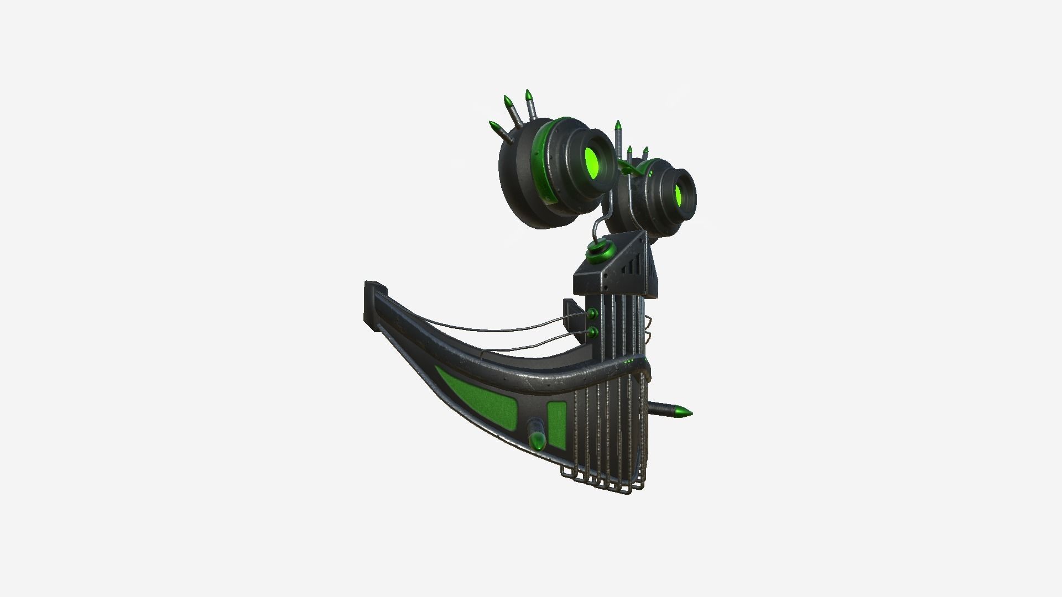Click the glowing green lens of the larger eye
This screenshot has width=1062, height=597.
click(x=592, y=160)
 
